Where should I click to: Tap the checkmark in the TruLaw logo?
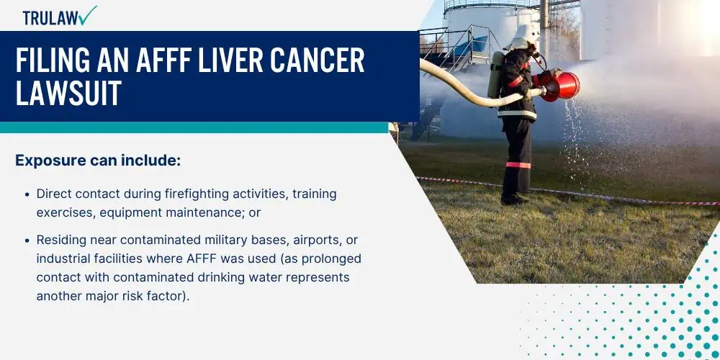(88, 15)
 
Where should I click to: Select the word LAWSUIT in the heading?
(68, 92)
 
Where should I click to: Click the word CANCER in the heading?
(318, 60)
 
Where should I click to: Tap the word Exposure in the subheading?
(44, 161)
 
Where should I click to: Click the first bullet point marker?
(27, 194)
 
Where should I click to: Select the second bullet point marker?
(27, 240)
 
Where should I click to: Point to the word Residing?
(61, 240)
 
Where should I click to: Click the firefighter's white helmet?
(523, 36)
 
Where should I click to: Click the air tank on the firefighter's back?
(495, 76)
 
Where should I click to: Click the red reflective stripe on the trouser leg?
(518, 165)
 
